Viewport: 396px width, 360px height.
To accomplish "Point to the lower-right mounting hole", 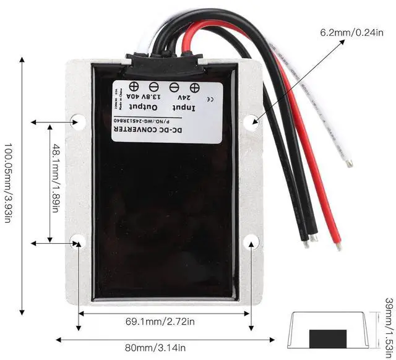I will pos(251,241).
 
